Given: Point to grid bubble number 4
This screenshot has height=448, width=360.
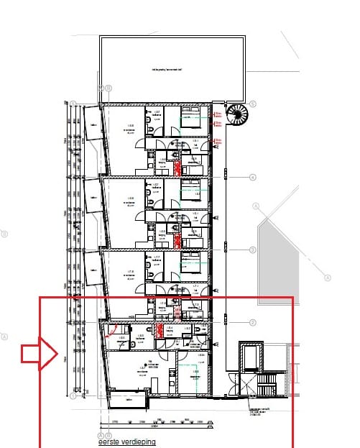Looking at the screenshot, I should click(253, 177).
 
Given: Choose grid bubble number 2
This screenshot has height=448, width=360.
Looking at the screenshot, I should click(253, 322).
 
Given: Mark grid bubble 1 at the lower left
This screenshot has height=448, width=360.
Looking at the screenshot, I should click(74, 395).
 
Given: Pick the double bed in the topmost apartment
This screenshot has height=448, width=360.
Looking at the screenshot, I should click(190, 119).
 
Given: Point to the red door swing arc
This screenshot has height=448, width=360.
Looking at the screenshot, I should click(111, 330).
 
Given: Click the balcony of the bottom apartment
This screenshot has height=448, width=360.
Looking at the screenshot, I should click(129, 400).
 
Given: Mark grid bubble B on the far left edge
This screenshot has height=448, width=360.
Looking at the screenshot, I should click(4, 234).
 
